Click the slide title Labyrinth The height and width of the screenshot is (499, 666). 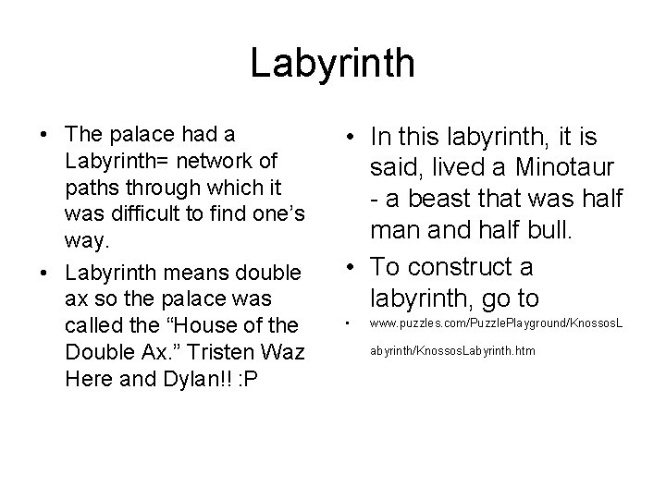coord(333,64)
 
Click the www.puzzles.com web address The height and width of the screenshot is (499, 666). coord(496,324)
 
